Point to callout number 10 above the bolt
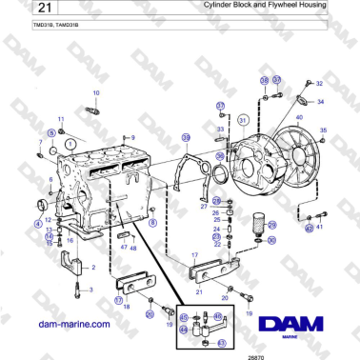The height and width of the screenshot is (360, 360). click(x=95, y=92)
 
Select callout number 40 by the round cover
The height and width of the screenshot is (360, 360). click(x=298, y=119)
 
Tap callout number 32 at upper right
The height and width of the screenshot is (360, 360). click(x=319, y=84)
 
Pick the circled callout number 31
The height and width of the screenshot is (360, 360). click(x=242, y=120)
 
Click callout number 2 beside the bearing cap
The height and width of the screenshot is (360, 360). click(x=92, y=268)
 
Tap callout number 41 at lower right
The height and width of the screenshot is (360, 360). click(x=320, y=227)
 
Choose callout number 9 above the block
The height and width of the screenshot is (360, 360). click(x=132, y=138)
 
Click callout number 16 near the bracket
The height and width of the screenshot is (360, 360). click(x=70, y=241)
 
